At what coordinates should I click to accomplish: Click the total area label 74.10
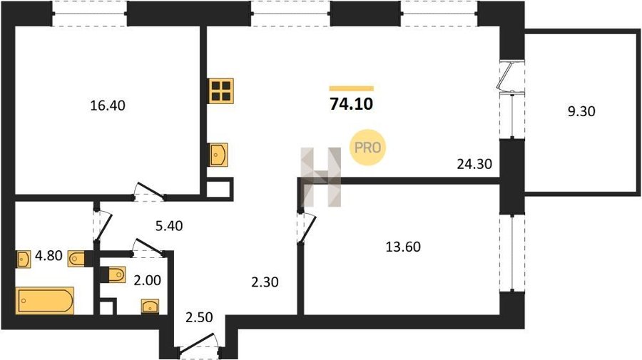coord(351,104)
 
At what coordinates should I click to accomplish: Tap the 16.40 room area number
coord(108,106)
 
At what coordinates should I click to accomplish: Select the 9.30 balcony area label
coord(581,111)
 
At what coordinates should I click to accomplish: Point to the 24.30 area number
coord(474,164)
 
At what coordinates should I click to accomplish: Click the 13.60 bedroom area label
coord(403,247)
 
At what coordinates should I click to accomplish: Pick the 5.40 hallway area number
coord(168,225)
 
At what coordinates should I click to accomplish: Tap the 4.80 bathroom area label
coord(49,256)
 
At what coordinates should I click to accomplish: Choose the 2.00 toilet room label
coord(148,280)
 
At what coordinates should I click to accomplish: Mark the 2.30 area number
coord(265,282)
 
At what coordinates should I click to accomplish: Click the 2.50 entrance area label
coord(199,317)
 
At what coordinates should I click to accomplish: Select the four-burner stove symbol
coord(220,91)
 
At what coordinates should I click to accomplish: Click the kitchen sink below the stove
coord(218,155)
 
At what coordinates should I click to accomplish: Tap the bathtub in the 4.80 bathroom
coord(45,301)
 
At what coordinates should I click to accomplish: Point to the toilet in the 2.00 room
coord(116,274)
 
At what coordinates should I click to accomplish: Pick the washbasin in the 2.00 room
coord(150,307)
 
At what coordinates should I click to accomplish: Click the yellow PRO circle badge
coord(367,148)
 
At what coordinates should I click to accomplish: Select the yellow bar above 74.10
coord(351,88)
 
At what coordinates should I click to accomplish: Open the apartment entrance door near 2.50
coord(198,344)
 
